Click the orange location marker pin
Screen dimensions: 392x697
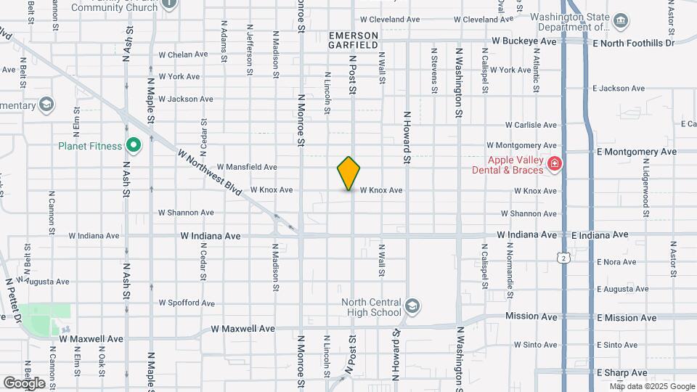349,173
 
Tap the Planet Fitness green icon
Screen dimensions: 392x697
133,146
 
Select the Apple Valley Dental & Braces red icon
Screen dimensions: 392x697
554,164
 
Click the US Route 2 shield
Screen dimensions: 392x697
563,257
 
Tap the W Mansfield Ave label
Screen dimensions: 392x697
247,167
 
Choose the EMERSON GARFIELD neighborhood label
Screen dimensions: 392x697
354,40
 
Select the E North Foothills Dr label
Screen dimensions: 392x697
633,44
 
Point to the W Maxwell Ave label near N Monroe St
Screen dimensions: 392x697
242,329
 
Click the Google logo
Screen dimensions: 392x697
24,383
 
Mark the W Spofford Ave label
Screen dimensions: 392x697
187,303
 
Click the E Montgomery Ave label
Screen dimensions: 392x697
636,152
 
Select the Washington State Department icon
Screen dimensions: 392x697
621,20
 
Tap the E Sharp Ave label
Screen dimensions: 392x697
621,372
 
